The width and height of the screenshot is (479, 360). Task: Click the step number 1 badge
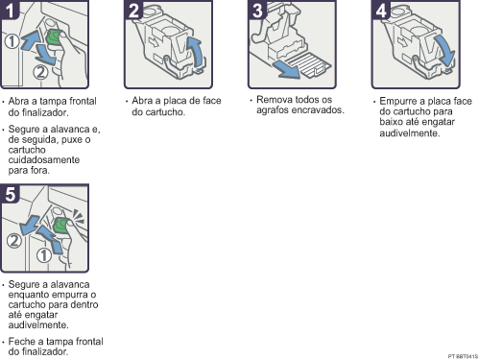(x=9, y=10)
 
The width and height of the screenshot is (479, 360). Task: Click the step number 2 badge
(x=133, y=10)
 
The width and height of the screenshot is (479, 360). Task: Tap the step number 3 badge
(x=257, y=10)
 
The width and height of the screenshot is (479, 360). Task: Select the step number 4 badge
(x=381, y=10)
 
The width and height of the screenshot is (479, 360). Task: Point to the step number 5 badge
(x=10, y=194)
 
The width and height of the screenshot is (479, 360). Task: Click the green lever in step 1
(x=54, y=37)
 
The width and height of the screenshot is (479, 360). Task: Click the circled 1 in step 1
(x=12, y=41)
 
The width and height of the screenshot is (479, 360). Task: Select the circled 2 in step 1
(x=40, y=72)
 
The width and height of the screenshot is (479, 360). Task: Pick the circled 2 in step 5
(x=14, y=241)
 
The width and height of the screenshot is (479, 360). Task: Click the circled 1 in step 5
(x=44, y=255)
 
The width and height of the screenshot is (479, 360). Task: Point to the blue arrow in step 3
(x=285, y=70)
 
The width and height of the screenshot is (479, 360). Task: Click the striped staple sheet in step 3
(x=309, y=65)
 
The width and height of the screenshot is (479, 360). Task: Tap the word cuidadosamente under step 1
(x=44, y=159)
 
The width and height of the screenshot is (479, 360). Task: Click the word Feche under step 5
(x=19, y=341)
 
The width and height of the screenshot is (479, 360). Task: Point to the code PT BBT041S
(x=463, y=356)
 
